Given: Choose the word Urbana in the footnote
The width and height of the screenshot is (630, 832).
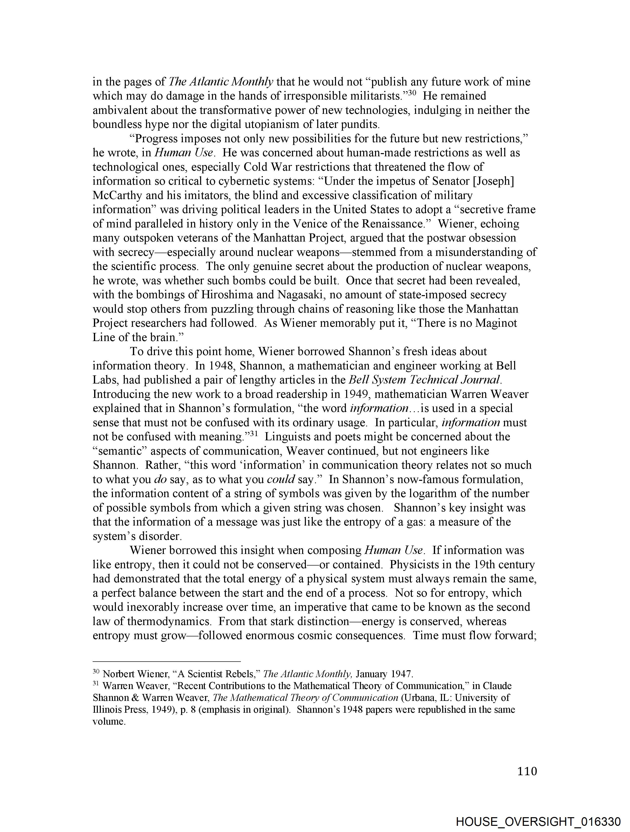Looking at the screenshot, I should coord(417,698).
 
